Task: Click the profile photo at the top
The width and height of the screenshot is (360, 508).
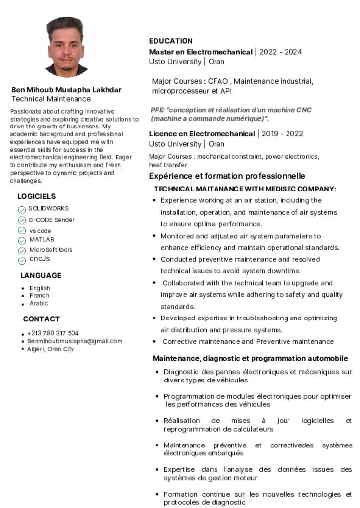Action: [x=67, y=48]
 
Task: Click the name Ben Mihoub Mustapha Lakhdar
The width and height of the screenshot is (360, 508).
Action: [x=67, y=90]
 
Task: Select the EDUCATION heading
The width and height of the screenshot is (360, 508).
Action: [x=171, y=41]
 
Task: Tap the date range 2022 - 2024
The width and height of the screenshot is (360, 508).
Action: [x=281, y=52]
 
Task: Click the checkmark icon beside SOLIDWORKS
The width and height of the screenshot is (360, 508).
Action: [x=22, y=210]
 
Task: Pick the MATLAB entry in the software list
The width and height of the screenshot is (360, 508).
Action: [x=42, y=240]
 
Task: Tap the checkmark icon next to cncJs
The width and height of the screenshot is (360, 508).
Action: [x=22, y=260]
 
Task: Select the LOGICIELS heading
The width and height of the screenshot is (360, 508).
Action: [x=37, y=196]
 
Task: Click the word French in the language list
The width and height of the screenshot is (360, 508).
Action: [x=39, y=296]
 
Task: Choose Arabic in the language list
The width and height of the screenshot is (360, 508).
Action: [x=39, y=303]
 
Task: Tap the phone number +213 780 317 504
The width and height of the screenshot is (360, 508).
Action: [x=53, y=333]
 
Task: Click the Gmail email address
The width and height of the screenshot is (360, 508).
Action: [x=74, y=341]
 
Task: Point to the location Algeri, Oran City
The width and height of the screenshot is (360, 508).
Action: [x=50, y=349]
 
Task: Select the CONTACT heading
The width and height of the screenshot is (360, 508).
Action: [x=41, y=319]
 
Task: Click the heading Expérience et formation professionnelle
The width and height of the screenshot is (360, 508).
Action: [x=227, y=176]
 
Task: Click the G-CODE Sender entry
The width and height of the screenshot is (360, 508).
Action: [x=52, y=220]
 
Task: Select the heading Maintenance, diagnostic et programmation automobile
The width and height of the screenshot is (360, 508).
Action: [x=250, y=359]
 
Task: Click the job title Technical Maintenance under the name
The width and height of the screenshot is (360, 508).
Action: [x=51, y=99]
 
